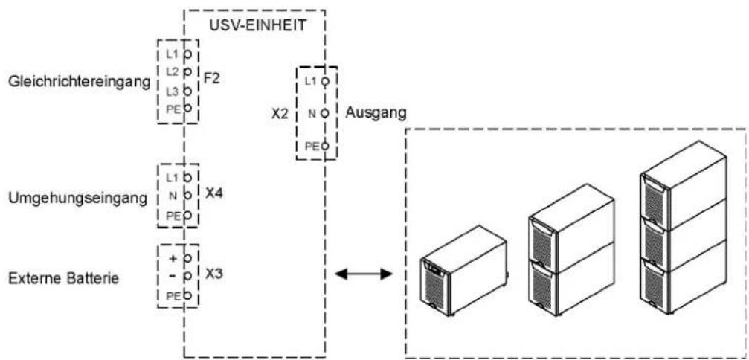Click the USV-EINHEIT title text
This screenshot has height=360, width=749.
click(x=257, y=26)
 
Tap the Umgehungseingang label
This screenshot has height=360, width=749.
click(x=78, y=199)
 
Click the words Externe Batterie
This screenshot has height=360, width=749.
click(x=63, y=277)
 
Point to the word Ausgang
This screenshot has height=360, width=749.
click(x=376, y=113)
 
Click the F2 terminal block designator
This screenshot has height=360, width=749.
click(x=212, y=78)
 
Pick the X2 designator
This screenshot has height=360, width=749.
click(x=279, y=115)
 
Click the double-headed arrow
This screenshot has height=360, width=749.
click(x=364, y=274)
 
